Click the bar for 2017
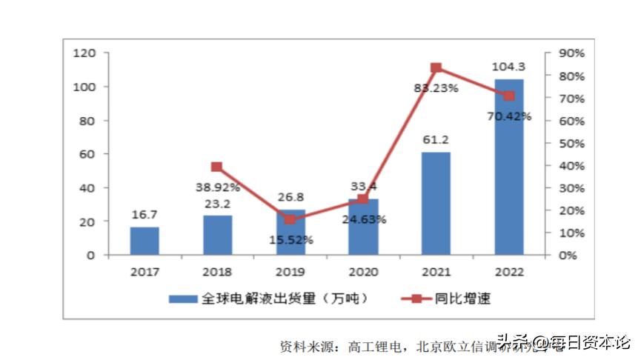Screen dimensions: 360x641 pos(145,241)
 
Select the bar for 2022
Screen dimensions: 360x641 pos(508,167)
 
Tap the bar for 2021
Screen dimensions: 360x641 pos(436,204)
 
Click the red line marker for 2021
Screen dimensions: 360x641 pos(436,68)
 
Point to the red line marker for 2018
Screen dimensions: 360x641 pos(216,167)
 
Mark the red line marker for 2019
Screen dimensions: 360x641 pos(290,219)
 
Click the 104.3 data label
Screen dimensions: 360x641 pos(508,67)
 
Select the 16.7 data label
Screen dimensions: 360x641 pos(145,215)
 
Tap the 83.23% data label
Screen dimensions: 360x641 pos(436,87)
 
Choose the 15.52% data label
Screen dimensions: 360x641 pos(290,240)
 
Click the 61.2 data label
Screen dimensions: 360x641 pos(436,139)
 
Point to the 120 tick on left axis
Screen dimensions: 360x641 pos(86,53)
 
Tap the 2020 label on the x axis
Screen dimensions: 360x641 pos(363,272)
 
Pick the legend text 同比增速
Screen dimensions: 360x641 pos(466,299)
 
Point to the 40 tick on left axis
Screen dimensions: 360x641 pos(89,188)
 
